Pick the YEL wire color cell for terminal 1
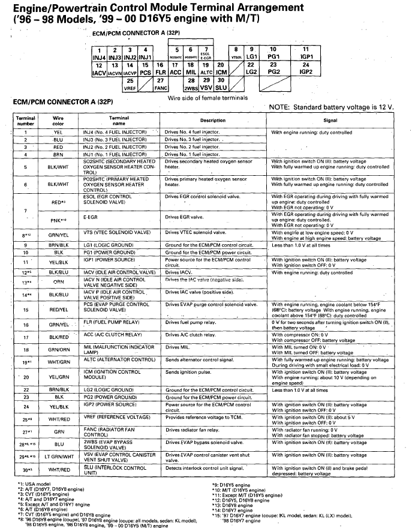(58, 132)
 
